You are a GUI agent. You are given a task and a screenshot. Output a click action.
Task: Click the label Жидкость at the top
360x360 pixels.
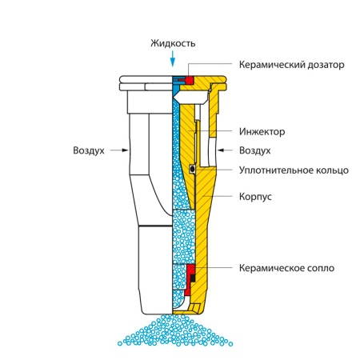(173, 43)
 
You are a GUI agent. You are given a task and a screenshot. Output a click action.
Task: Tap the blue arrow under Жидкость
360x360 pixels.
(173, 58)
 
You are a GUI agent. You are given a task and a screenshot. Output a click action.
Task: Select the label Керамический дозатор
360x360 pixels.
(291, 65)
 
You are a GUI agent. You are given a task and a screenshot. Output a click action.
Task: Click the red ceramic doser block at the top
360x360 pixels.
(190, 80)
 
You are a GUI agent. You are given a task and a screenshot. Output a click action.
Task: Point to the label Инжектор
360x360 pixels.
(262, 131)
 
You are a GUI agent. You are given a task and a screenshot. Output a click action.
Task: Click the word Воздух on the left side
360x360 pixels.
(89, 150)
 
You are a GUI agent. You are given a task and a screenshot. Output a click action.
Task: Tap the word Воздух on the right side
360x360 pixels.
(255, 150)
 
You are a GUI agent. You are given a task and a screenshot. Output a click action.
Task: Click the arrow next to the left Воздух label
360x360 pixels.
(119, 150)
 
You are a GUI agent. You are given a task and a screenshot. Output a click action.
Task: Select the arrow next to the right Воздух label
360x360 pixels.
(225, 150)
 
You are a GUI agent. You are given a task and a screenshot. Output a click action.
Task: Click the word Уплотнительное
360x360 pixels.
(276, 170)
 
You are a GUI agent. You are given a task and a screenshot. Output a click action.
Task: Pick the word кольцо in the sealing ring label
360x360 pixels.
(332, 170)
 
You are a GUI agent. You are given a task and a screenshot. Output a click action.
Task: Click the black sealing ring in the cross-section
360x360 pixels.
(192, 169)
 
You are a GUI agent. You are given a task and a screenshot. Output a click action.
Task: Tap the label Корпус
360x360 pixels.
(255, 197)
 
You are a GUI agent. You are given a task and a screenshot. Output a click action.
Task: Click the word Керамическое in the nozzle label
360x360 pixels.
(271, 268)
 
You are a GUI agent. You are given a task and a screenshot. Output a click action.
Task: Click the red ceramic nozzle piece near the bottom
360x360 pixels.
(189, 278)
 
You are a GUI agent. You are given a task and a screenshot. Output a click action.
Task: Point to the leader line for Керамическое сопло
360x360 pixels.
(212, 268)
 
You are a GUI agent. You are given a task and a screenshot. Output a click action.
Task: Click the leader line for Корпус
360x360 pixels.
(218, 196)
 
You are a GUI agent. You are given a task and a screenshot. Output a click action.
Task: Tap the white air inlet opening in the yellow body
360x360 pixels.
(212, 150)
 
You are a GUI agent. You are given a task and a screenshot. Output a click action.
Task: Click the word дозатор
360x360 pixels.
(326, 65)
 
